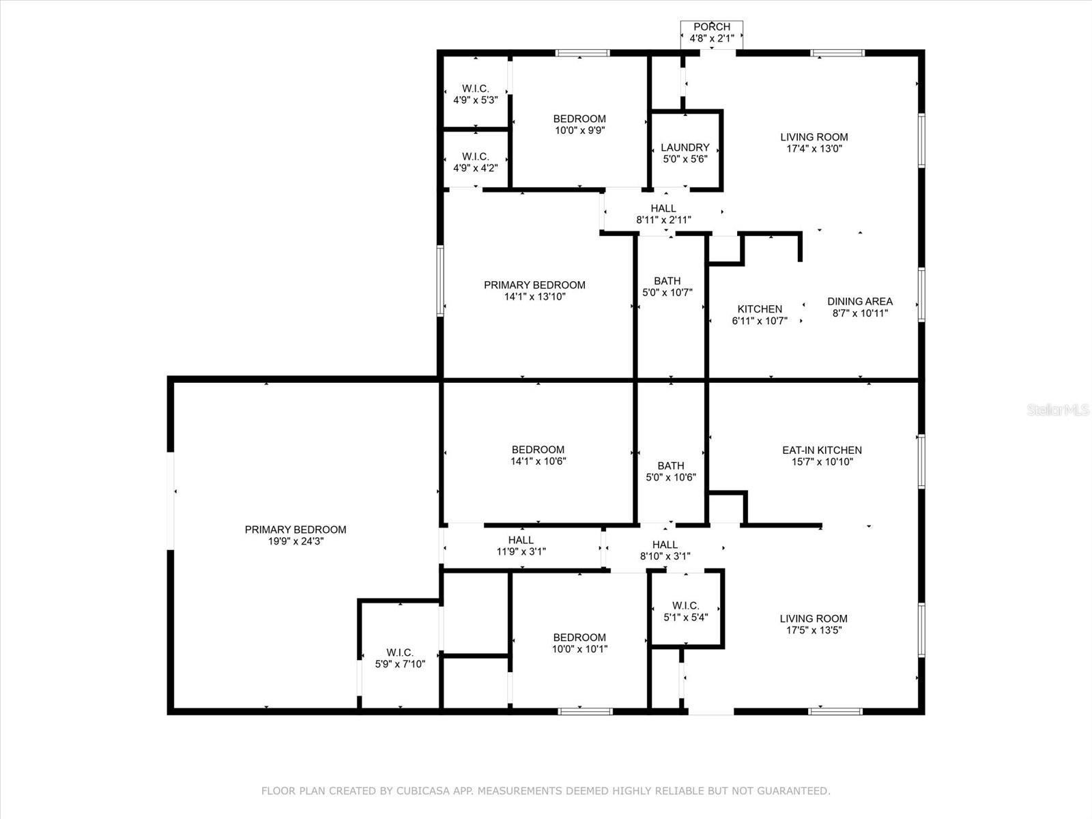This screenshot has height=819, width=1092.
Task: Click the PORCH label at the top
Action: [x=711, y=27]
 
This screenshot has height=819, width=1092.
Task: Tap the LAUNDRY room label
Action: [x=685, y=147]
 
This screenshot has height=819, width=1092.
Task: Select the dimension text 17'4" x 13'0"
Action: [x=814, y=149]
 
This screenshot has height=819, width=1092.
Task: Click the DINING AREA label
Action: [x=860, y=302]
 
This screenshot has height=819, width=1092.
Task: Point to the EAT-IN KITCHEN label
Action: [x=822, y=450]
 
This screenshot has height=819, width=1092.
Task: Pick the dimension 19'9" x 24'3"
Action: [x=296, y=541]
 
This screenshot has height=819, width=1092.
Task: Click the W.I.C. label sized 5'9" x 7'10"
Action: [x=400, y=652]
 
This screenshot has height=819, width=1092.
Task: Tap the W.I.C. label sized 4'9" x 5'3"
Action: [x=476, y=89]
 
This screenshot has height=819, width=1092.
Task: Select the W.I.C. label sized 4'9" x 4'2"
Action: [x=476, y=157]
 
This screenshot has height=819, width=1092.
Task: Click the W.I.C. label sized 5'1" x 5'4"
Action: [x=685, y=605]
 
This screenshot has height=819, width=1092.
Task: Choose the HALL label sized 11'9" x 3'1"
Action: [x=521, y=540]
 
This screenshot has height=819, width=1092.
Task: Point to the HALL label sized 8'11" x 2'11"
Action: [x=663, y=208]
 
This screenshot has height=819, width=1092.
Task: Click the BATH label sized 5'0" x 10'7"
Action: [x=667, y=281]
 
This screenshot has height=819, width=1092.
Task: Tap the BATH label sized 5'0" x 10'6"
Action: [x=671, y=466]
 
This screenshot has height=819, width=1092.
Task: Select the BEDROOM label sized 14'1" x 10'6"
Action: [x=538, y=450]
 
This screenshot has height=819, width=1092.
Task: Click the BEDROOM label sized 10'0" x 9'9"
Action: [x=579, y=119]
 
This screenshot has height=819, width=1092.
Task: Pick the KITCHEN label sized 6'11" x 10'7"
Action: [x=760, y=308]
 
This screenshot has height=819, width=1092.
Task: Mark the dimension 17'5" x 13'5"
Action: [x=814, y=630]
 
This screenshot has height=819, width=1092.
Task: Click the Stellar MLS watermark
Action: [x=1058, y=409]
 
